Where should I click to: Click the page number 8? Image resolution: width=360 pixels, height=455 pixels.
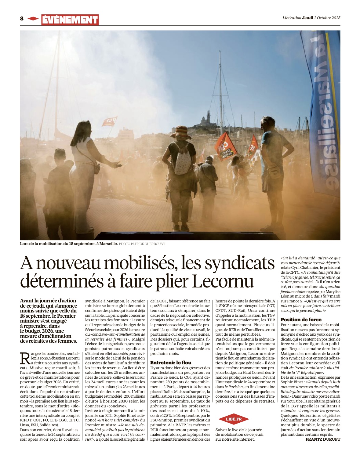(x=22, y=19)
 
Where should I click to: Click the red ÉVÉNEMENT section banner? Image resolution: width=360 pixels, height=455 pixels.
(x=70, y=20)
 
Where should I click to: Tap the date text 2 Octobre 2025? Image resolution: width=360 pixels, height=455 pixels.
(x=327, y=18)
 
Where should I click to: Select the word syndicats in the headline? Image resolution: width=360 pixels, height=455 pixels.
(x=240, y=263)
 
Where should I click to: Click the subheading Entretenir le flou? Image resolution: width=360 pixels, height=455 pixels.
(x=171, y=363)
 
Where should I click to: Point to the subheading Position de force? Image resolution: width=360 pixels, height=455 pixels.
(x=301, y=320)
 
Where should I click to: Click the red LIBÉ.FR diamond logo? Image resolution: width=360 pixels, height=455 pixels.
(x=234, y=419)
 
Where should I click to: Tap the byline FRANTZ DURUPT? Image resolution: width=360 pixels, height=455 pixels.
(x=323, y=439)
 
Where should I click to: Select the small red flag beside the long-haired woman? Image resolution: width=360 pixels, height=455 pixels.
(x=109, y=121)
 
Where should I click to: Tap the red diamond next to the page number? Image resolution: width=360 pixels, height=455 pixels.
(x=33, y=19)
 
